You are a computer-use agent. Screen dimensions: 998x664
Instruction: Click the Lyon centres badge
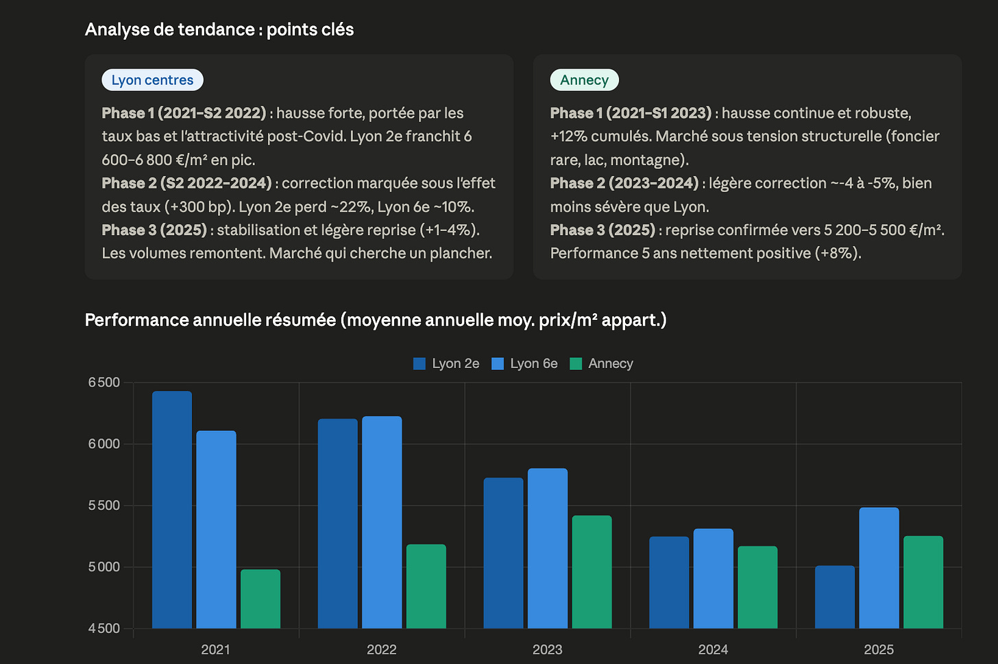(152, 80)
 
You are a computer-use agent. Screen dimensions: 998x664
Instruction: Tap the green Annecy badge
(584, 80)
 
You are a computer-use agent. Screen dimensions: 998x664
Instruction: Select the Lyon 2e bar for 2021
(172, 509)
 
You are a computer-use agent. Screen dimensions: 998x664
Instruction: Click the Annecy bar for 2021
(260, 598)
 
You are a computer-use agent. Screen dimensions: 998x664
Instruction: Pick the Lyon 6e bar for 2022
(382, 522)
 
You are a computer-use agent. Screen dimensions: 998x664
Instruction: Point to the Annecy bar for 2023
(592, 571)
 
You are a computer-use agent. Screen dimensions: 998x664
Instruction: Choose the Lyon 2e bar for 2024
(669, 582)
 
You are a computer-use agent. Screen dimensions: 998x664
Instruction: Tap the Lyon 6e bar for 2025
(879, 568)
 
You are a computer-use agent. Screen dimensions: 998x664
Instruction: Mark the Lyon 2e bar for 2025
(835, 597)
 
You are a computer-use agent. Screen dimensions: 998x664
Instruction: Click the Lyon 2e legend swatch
(419, 364)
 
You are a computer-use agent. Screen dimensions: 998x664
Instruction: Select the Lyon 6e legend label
(534, 363)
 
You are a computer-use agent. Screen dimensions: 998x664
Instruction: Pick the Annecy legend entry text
(610, 363)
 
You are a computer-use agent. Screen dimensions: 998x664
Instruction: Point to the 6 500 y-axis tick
(104, 382)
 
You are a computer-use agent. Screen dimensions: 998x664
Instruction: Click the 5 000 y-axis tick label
(104, 567)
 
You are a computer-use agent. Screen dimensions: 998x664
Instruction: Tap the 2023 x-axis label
(547, 650)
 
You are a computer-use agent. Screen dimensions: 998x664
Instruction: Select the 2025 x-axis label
(879, 650)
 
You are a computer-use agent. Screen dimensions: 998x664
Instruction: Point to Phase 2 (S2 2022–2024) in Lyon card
(186, 183)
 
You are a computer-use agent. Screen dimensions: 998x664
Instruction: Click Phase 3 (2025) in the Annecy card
(603, 230)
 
